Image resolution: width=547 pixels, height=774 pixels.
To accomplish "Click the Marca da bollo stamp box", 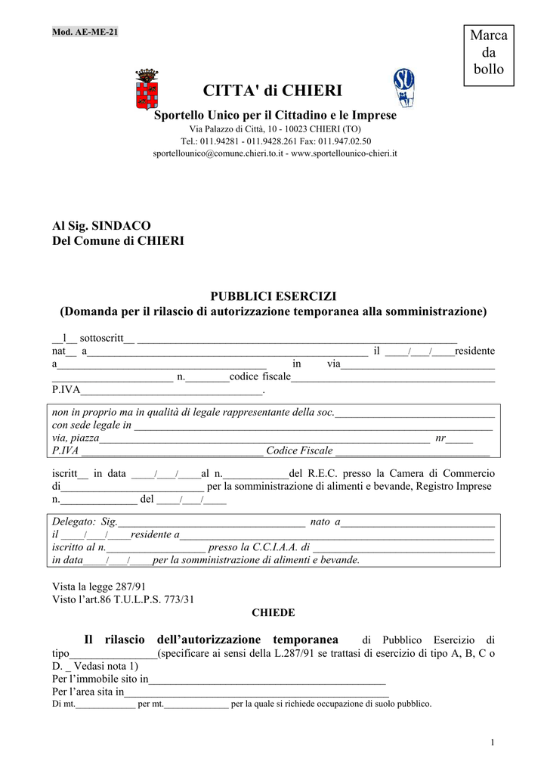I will pos(489,53).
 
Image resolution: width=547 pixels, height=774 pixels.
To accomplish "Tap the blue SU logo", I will pos(403,87).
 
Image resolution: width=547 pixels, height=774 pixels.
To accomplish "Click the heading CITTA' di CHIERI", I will pos(273,91).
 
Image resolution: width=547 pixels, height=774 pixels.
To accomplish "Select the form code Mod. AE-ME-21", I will pos(85,32).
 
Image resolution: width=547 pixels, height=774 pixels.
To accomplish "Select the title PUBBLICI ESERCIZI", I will pos(273,296).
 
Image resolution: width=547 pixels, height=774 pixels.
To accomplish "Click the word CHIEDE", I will pos(273,613).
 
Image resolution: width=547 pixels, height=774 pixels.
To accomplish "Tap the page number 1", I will pos(492,743).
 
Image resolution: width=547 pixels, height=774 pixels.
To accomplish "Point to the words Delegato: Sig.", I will pos(85,522).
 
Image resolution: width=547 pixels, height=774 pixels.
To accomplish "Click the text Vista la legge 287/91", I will pos(99,587).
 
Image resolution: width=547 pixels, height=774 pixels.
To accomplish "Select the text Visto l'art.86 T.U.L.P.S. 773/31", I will pos(123,599).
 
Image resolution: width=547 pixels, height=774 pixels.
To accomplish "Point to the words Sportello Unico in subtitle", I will pos(194,115).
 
